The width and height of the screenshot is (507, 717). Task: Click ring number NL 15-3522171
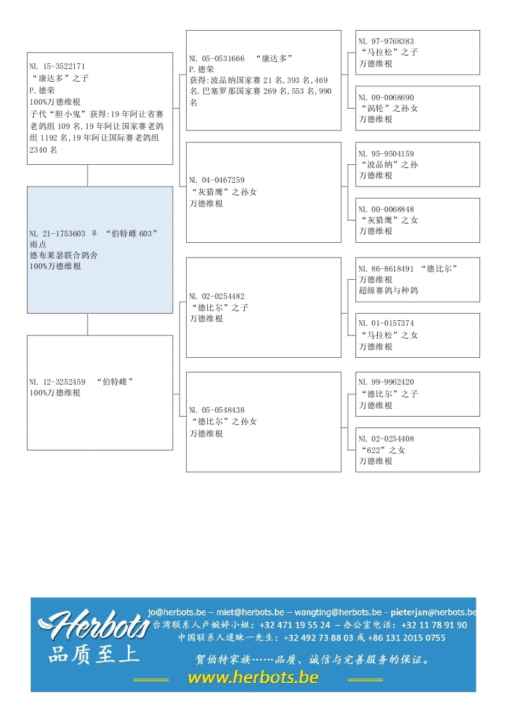(x=57, y=66)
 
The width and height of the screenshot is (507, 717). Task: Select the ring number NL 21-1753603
(x=57, y=234)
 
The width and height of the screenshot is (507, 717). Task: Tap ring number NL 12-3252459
(x=57, y=382)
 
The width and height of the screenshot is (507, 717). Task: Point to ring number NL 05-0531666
(x=217, y=58)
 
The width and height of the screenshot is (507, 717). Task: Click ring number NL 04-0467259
(x=217, y=181)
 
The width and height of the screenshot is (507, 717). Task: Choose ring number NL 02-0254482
(x=217, y=297)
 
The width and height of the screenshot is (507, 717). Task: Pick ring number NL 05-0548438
(x=217, y=410)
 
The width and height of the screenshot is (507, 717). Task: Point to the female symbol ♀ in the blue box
(x=94, y=234)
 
